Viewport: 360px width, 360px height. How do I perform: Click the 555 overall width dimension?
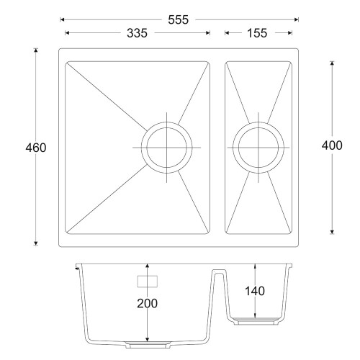[x=178, y=19]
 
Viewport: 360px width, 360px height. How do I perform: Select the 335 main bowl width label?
[x=137, y=33]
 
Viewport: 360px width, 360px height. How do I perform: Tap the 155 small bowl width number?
[x=257, y=33]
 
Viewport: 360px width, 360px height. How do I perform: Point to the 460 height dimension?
[x=36, y=148]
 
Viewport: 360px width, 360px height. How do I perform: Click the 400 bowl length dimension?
[x=332, y=145]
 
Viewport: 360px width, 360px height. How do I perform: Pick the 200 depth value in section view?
[x=147, y=303]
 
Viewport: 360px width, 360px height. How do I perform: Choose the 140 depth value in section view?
[x=255, y=291]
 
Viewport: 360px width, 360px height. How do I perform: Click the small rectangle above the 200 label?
[x=148, y=282]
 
